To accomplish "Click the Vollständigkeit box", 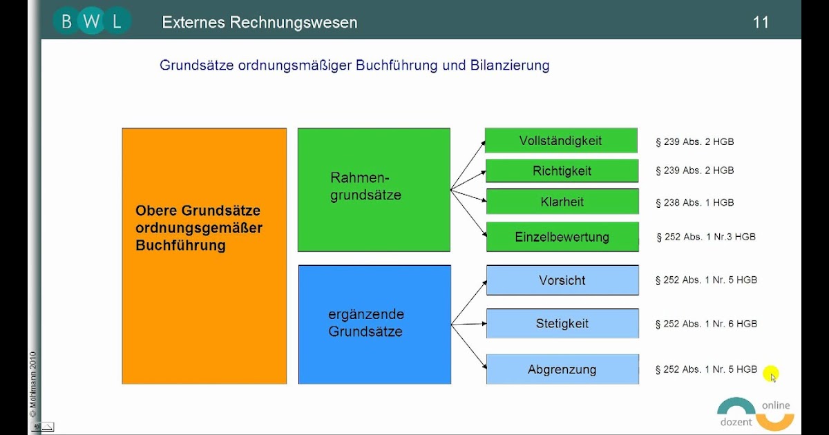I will tap(561, 141).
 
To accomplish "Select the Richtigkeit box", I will tap(562, 171).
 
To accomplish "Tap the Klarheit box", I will tap(562, 202).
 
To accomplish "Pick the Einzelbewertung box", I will tap(562, 237).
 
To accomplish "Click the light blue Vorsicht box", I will tap(562, 280).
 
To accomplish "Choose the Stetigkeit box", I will tap(562, 323).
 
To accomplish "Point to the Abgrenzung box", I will tap(562, 369).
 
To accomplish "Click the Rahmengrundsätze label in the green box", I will tap(365, 186).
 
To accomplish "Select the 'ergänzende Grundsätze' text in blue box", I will tap(365, 322).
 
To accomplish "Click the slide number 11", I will tap(761, 23).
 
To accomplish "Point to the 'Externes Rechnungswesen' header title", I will tap(260, 23).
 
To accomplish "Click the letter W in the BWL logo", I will tap(91, 21).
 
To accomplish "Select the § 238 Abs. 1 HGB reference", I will tap(694, 203).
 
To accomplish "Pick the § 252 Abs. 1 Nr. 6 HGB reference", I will tap(706, 324).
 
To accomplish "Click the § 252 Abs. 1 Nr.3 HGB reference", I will tap(706, 237).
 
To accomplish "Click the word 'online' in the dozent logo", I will tap(776, 406).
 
